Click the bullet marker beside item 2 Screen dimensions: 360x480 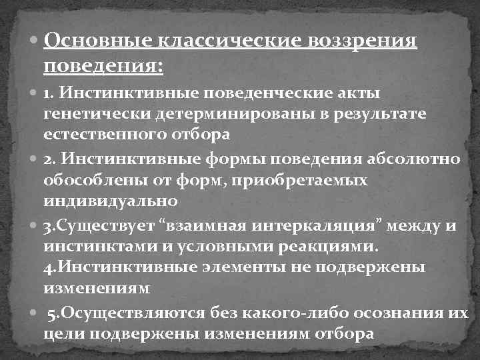pyautogui.click(x=35, y=161)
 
